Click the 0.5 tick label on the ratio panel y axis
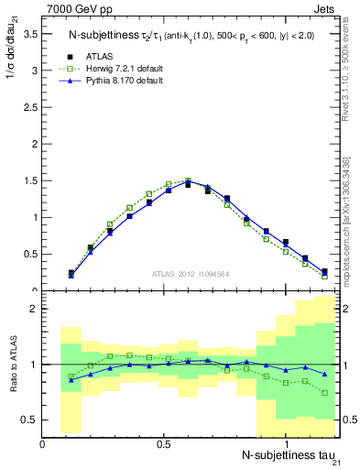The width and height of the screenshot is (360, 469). click(27, 420)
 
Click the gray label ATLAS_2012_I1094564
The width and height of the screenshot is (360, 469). click(191, 274)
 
